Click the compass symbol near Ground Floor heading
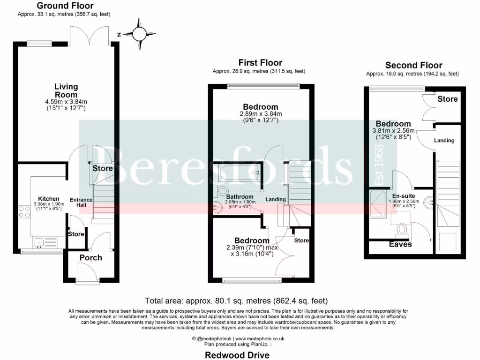(139, 34)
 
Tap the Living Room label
(66, 90)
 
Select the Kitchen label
(49, 199)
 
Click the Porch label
(90, 257)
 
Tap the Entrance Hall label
(81, 202)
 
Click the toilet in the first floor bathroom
(222, 190)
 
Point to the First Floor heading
(260, 62)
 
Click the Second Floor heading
(413, 65)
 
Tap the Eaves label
(400, 244)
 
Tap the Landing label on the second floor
(443, 140)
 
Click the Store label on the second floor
(447, 99)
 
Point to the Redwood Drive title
(237, 355)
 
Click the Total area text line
(236, 300)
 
